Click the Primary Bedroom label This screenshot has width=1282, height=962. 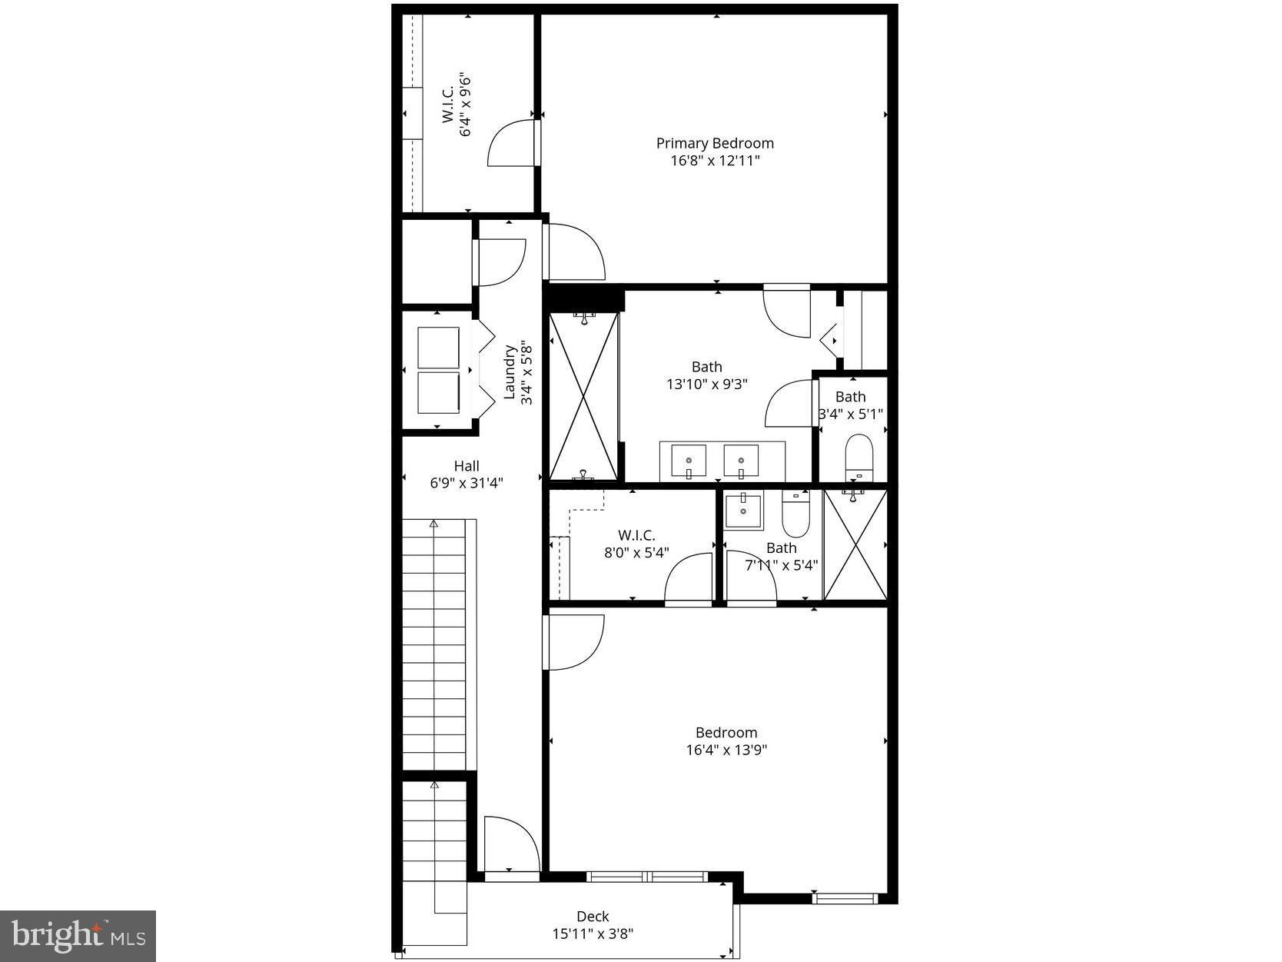714,143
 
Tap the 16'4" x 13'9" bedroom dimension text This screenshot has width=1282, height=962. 726,750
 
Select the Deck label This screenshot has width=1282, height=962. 593,916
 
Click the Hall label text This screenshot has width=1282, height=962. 466,466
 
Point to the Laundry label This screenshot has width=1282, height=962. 509,372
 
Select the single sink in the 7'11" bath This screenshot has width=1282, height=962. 743,511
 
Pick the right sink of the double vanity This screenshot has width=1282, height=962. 741,462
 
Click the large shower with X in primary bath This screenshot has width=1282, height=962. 584,397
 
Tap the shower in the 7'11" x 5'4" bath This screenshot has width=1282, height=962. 855,544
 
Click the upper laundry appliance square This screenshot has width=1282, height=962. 438,347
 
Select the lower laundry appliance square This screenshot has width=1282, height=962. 438,393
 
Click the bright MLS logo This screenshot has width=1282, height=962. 78,936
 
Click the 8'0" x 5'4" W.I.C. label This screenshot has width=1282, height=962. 636,543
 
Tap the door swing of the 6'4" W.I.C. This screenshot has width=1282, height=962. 510,143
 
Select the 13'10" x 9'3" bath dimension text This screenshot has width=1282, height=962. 706,383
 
